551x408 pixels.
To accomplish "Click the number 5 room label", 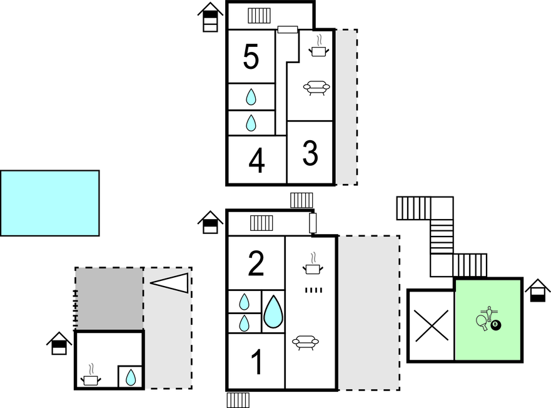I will [x=250, y=58].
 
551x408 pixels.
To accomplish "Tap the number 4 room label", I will [x=256, y=161].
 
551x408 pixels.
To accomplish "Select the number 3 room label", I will [x=310, y=153].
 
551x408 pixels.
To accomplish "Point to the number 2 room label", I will [x=256, y=264].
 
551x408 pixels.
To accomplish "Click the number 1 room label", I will [x=256, y=363].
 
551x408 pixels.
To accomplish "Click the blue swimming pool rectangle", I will [x=49, y=203].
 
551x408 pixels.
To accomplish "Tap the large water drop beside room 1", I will [x=273, y=312].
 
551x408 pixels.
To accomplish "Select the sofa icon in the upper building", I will [x=316, y=88].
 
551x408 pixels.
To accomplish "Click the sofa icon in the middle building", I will [x=306, y=342].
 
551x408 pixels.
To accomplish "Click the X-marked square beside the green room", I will [x=431, y=325].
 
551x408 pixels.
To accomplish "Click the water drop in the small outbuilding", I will [x=131, y=377].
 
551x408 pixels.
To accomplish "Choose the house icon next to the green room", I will [x=537, y=290].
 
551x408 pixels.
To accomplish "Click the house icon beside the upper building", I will [x=211, y=17].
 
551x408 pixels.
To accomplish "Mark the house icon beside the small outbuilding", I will [x=59, y=343].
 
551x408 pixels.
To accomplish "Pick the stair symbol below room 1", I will [x=238, y=400].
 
